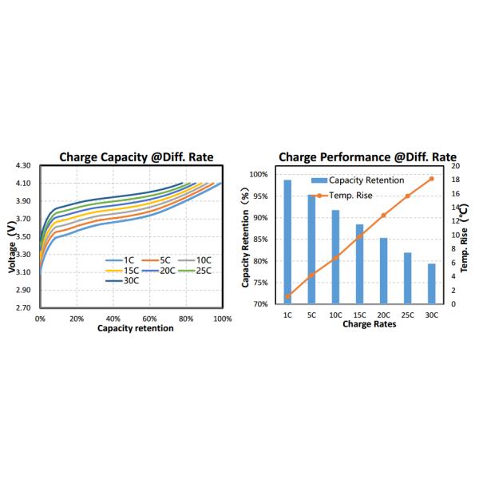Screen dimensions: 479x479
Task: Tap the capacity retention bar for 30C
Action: click(x=431, y=283)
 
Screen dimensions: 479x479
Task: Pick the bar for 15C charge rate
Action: click(x=359, y=263)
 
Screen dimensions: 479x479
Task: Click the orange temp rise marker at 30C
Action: click(x=431, y=179)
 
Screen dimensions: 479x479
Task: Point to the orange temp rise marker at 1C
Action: click(x=287, y=296)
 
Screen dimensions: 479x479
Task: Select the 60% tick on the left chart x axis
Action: click(x=149, y=318)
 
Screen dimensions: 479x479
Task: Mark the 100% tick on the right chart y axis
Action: click(x=257, y=174)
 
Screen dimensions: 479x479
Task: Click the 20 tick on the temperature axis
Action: click(x=455, y=166)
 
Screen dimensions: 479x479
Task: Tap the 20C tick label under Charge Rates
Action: click(x=383, y=315)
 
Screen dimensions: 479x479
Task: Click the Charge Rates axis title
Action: click(x=359, y=325)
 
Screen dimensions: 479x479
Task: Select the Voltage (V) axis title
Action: click(x=11, y=247)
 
